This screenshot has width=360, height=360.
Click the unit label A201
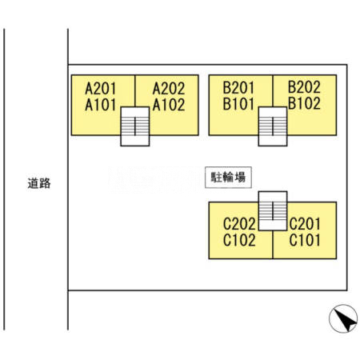[x=102, y=88]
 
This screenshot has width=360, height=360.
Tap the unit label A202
[x=168, y=88]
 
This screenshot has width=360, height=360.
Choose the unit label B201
[x=239, y=88]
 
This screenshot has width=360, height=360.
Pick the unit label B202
[x=304, y=88]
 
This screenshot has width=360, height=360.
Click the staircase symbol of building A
[x=135, y=127]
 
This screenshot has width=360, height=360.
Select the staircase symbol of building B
[x=273, y=127]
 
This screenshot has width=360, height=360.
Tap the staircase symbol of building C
[x=273, y=211]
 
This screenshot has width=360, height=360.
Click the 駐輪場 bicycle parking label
[x=227, y=178]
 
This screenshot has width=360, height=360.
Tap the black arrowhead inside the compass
[x=346, y=322]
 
